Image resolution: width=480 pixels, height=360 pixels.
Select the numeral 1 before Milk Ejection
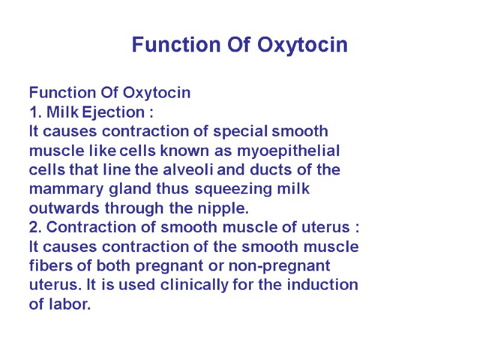point(33,112)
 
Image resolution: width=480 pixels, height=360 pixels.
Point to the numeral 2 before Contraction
point(34,227)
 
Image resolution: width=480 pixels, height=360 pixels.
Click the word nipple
point(224,208)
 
